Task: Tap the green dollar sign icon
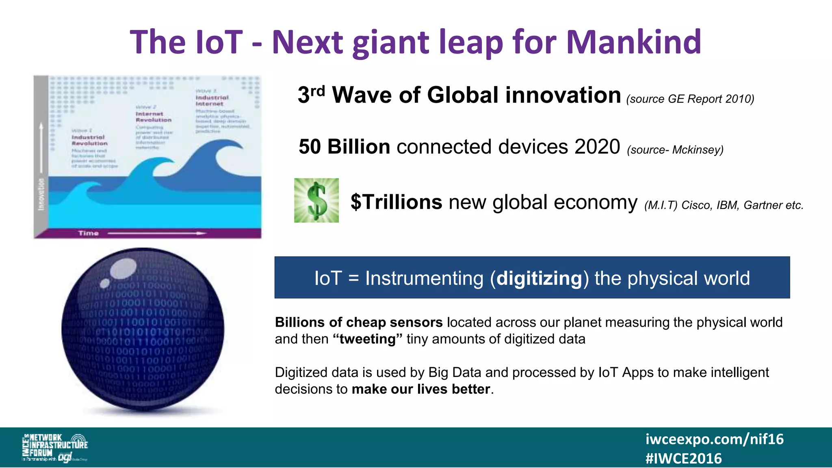316,200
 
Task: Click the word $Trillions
396,202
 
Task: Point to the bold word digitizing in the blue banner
539,278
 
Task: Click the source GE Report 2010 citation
690,99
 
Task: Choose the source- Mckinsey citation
675,150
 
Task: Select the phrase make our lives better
421,389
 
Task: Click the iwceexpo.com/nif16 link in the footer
714,439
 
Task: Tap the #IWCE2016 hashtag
683,459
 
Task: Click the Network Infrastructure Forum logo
54,447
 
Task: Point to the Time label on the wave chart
89,233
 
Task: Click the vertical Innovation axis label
41,194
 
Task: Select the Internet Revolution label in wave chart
154,117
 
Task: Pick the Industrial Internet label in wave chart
212,100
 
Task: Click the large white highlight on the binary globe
123,269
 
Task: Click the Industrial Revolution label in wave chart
89,140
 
